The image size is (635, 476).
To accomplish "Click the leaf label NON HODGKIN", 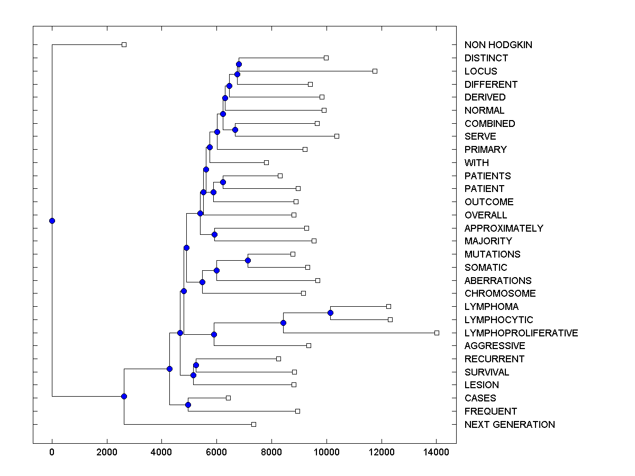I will point(498,45).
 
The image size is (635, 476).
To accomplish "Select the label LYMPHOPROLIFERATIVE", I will point(521,333).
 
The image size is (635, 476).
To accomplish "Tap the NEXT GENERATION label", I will point(509,425).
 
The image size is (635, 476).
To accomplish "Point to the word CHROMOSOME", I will point(500,294).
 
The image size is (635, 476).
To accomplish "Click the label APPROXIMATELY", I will point(503,228).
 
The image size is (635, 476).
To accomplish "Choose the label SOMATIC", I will point(485,268).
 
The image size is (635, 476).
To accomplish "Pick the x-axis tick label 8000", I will point(271,452).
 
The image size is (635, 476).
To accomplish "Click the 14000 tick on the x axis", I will point(436,452).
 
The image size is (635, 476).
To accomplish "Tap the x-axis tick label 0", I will point(52,452).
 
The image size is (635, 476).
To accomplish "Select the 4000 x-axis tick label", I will point(161,452).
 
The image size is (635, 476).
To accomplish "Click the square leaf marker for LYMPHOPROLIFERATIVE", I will point(437,333).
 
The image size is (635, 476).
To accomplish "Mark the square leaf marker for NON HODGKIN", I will point(124,44).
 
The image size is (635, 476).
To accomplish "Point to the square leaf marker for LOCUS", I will point(375,71).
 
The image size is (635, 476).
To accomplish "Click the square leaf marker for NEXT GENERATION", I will point(253,424).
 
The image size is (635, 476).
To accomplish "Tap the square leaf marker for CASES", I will point(228,398).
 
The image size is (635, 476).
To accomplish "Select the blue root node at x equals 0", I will point(52,221).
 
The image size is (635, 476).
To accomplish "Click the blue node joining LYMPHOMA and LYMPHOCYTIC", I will point(330,313).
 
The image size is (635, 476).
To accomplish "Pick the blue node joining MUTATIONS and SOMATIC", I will point(248,260).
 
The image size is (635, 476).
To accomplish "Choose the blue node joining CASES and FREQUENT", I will point(188,405).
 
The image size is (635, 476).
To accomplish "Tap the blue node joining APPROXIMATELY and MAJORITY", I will point(214,234).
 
